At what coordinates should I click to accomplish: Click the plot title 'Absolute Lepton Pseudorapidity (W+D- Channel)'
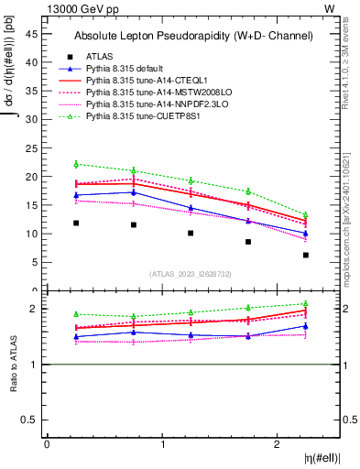point(193,36)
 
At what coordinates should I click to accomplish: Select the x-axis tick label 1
point(163,444)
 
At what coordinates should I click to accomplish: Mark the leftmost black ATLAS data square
point(76,223)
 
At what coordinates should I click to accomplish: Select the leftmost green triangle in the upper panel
point(76,164)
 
